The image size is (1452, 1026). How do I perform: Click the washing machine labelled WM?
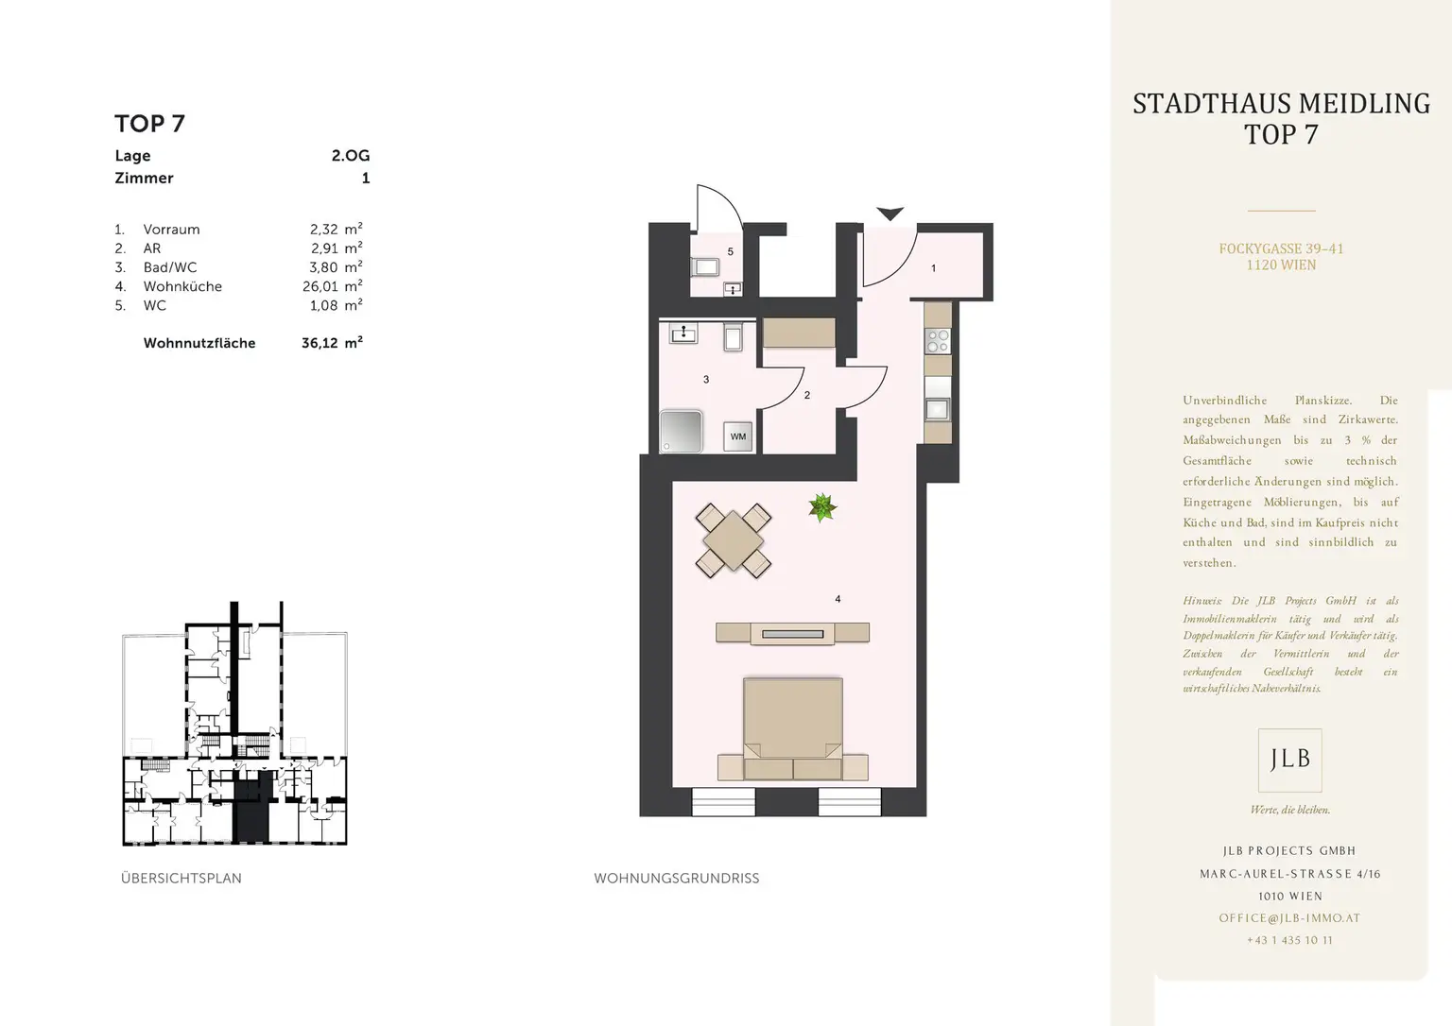tap(737, 436)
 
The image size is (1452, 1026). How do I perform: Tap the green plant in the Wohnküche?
tap(821, 507)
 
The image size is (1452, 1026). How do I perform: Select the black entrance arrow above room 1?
tap(890, 214)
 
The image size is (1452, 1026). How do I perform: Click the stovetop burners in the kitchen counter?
tap(938, 341)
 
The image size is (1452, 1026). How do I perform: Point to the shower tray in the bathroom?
tap(681, 431)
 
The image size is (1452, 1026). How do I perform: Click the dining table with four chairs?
tap(734, 540)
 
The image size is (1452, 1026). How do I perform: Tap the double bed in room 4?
tap(793, 728)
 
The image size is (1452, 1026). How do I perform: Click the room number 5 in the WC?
tap(731, 251)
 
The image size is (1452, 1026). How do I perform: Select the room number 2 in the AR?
tap(807, 395)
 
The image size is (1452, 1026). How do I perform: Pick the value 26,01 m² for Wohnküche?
tap(333, 285)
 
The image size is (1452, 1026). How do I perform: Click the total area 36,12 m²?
tap(332, 343)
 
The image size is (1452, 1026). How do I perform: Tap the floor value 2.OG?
tap(351, 156)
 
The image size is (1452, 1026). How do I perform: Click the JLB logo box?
tap(1290, 760)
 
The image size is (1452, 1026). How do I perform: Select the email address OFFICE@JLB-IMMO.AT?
tap(1290, 918)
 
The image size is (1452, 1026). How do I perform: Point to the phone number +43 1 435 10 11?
tap(1290, 940)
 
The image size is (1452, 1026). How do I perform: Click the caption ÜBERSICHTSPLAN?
tap(181, 879)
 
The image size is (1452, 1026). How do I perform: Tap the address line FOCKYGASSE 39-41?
tap(1282, 248)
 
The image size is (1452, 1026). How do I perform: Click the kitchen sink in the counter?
tap(938, 409)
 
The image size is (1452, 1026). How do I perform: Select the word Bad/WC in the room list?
tap(170, 267)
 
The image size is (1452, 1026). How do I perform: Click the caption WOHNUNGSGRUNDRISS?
tap(677, 879)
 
